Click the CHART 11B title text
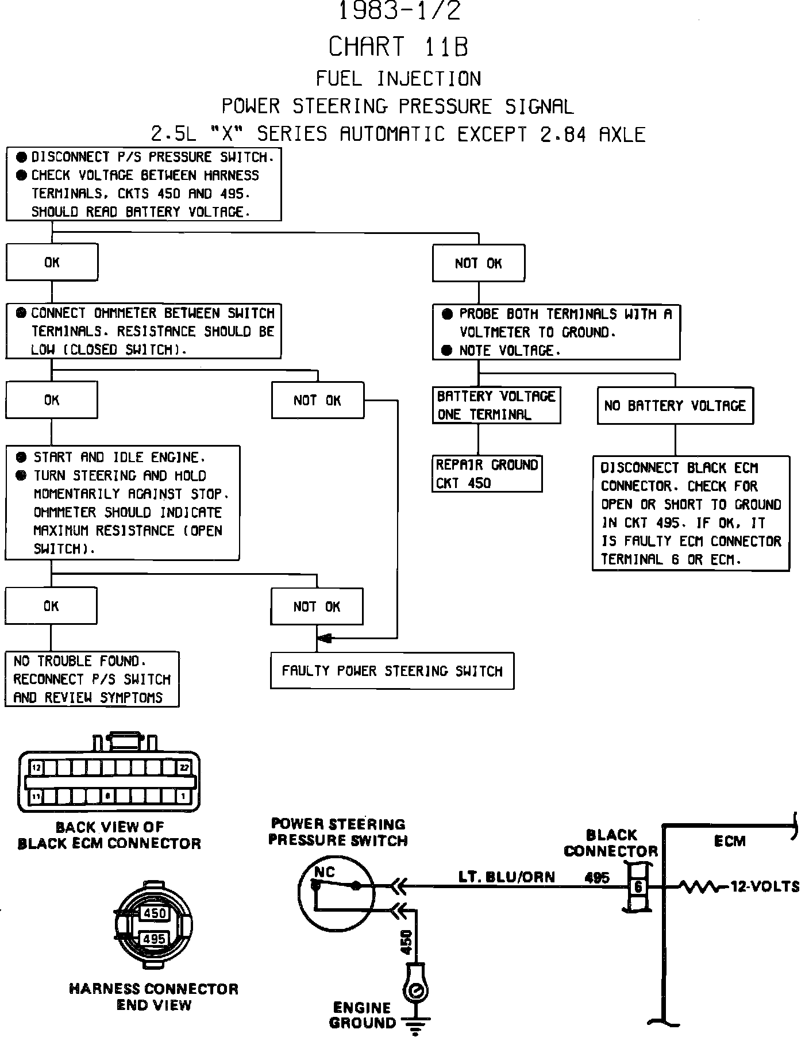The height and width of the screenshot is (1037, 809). [398, 47]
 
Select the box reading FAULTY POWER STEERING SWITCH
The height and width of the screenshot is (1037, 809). [392, 670]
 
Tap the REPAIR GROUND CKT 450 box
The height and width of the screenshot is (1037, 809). [487, 474]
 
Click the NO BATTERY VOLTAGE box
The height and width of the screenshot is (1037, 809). [675, 406]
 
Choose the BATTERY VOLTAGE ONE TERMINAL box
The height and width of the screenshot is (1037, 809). [496, 405]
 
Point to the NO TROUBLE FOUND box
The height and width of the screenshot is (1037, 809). [92, 679]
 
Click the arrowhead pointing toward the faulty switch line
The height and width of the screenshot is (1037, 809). [325, 638]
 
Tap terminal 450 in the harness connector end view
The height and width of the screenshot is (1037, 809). [154, 913]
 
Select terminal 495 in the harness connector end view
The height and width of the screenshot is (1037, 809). [154, 939]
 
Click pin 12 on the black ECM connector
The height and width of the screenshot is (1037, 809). [36, 767]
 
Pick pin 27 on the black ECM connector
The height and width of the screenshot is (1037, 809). [184, 767]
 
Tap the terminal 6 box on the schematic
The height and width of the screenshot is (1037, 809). [638, 887]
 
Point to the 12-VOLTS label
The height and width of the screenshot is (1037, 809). [764, 887]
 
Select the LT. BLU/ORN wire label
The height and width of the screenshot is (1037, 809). [506, 877]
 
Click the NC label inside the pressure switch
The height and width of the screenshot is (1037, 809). [325, 872]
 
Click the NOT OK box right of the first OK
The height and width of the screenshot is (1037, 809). [478, 263]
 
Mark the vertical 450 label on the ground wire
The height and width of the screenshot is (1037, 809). [406, 942]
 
